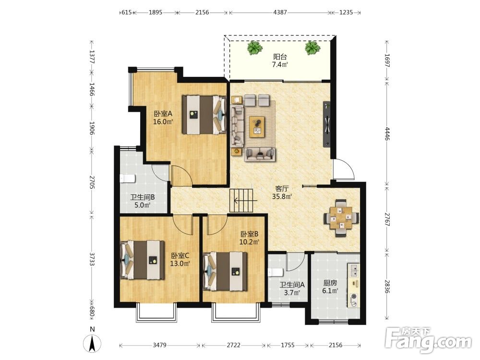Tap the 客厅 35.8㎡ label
pyautogui.click(x=282, y=192)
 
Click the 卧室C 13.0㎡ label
pyautogui.click(x=180, y=259)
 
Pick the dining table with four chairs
pyautogui.click(x=341, y=218)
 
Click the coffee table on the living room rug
pyautogui.click(x=257, y=127)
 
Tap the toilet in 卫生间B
pyautogui.click(x=127, y=179)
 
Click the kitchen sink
pyautogui.click(x=354, y=270)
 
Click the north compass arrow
pyautogui.click(x=92, y=344)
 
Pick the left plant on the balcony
pyautogui.click(x=255, y=48)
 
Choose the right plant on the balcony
pyautogui.click(x=312, y=48)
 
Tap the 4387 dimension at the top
pyautogui.click(x=280, y=12)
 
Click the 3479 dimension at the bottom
pyautogui.click(x=159, y=345)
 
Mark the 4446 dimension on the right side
pyautogui.click(x=387, y=133)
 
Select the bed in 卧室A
pyautogui.click(x=204, y=115)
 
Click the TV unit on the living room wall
pyautogui.click(x=327, y=124)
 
